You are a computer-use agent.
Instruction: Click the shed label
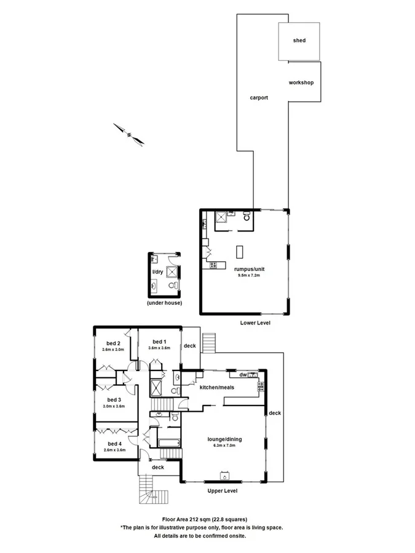pyautogui.click(x=299, y=41)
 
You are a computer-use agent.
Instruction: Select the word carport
pyautogui.click(x=259, y=98)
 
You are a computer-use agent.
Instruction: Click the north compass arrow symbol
pyautogui.click(x=128, y=135)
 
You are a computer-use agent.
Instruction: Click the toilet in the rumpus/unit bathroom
pyautogui.click(x=247, y=217)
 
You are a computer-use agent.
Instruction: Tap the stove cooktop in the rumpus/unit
pyautogui.click(x=213, y=265)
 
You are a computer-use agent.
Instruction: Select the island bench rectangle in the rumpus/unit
pyautogui.click(x=239, y=251)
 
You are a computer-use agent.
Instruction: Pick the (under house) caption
pyautogui.click(x=164, y=304)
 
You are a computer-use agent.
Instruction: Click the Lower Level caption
pyautogui.click(x=255, y=323)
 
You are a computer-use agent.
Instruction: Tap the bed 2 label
pyautogui.click(x=113, y=342)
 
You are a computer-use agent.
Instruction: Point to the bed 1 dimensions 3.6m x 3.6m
pyautogui.click(x=159, y=348)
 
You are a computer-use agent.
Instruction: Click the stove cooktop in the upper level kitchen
pyautogui.click(x=261, y=386)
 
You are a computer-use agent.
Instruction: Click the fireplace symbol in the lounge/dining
pyautogui.click(x=225, y=475)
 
